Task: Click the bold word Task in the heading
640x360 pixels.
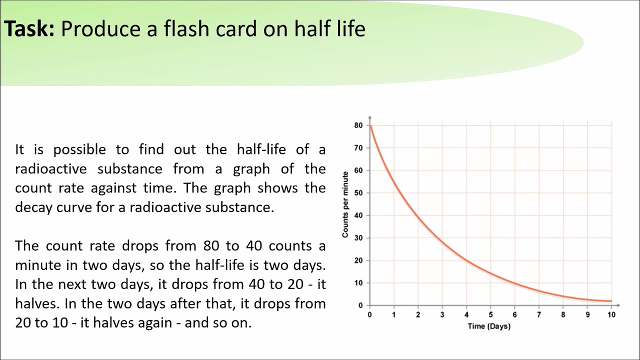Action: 29,29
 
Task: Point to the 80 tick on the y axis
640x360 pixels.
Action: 358,125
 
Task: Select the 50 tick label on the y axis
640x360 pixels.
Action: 358,193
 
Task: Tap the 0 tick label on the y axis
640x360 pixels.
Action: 360,305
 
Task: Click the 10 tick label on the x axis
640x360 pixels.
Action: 611,315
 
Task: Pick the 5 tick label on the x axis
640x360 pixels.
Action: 490,315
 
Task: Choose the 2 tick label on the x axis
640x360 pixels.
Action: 418,315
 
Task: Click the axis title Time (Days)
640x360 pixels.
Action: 489,326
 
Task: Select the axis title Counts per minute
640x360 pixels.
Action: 345,204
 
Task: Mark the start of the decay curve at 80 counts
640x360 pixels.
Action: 370,125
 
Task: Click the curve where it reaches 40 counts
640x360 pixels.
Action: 418,215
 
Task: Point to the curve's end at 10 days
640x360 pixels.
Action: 611,301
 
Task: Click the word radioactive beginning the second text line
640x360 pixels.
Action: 50,169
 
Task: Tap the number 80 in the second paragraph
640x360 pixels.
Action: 212,246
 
